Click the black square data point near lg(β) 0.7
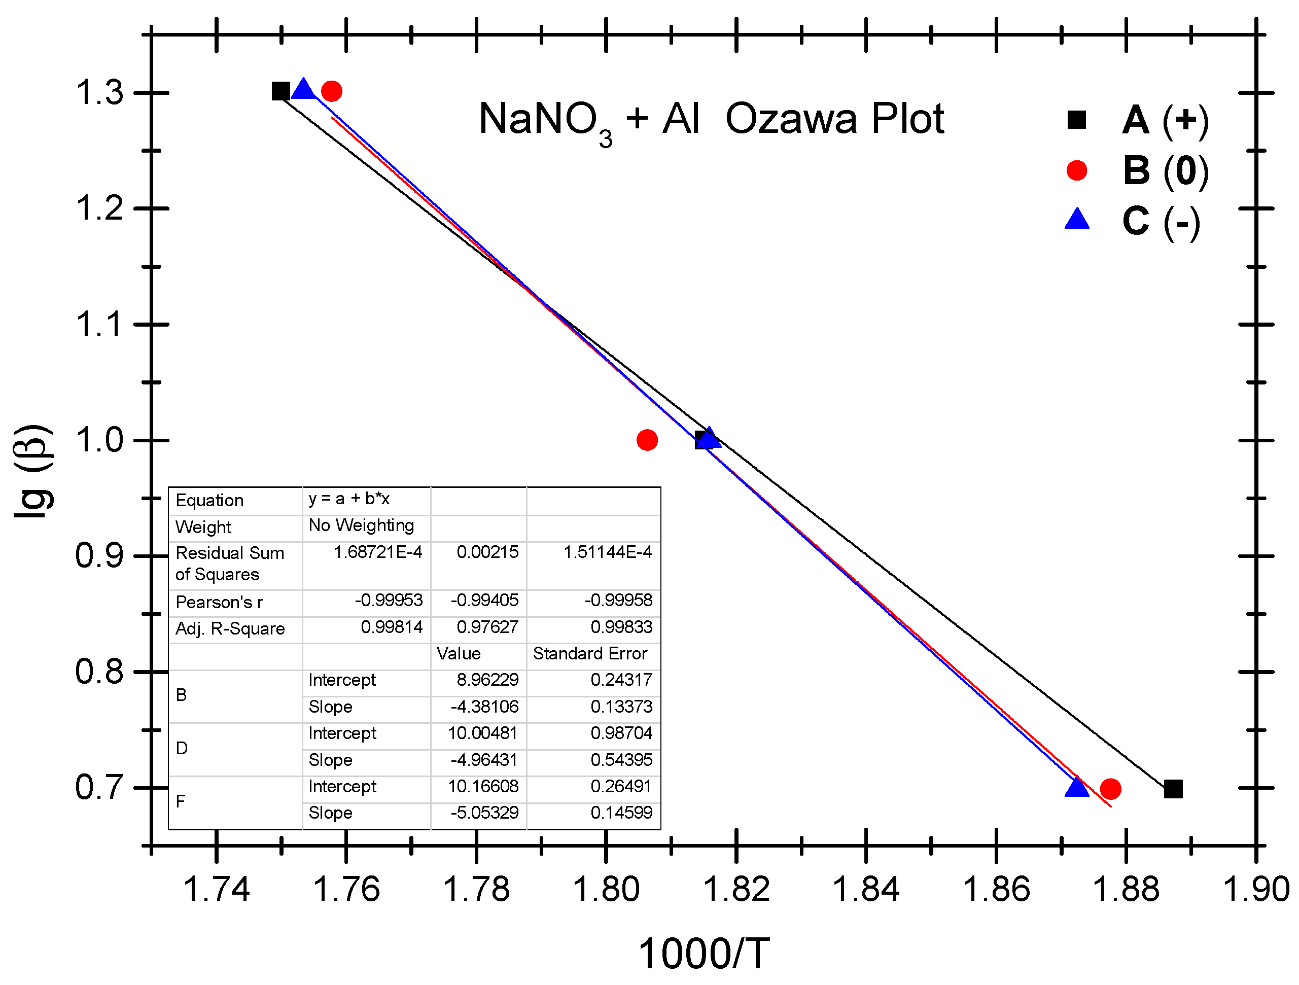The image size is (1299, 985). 1173,789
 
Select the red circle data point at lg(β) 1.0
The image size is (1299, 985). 647,440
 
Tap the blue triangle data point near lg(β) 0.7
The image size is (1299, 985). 1076,787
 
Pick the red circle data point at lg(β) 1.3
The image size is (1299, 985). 332,91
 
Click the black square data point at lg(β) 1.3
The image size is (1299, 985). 280,91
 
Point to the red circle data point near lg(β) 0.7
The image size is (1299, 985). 1110,789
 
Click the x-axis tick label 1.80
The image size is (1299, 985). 606,889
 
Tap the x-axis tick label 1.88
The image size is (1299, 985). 1126,889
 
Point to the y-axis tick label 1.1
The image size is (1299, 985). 100,324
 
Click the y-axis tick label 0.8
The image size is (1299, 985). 100,672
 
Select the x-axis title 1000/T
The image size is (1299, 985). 704,953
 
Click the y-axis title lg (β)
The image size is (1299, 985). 33,471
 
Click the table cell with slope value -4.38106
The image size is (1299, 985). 484,707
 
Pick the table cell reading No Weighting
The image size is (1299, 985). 361,525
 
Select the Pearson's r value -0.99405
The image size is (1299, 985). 484,600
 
